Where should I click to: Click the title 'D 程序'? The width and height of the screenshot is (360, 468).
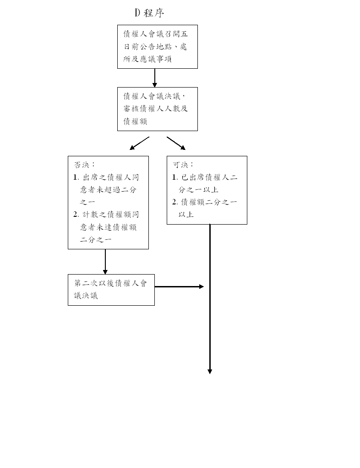[x=149, y=13]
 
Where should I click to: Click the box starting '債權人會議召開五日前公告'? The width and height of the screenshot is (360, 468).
[x=158, y=47]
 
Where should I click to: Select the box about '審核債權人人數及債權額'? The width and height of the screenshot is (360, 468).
[x=158, y=109]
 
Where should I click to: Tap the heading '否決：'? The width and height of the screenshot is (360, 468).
[x=84, y=165]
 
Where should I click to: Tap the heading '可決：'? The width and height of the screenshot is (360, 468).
[x=183, y=165]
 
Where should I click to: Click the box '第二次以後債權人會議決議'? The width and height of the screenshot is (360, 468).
[x=111, y=290]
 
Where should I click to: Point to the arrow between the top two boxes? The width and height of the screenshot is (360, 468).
[x=154, y=78]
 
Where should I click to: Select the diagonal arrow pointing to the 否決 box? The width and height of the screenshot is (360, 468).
[x=139, y=143]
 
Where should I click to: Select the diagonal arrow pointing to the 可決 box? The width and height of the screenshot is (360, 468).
[x=176, y=143]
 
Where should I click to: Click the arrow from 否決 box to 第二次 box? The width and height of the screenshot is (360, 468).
[x=105, y=262]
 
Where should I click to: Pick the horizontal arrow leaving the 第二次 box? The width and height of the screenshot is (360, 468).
[x=179, y=287]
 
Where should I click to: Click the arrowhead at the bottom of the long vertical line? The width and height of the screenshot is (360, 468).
[x=210, y=372]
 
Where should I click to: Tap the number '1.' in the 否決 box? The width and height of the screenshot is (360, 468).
[x=76, y=177]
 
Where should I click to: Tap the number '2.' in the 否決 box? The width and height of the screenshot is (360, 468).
[x=76, y=215]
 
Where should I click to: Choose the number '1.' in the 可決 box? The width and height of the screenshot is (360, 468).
[x=175, y=177]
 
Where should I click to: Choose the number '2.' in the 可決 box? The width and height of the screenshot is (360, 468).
[x=175, y=202]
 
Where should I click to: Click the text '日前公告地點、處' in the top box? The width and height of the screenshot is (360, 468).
[x=155, y=47]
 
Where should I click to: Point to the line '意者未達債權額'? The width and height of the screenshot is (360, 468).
[x=108, y=227]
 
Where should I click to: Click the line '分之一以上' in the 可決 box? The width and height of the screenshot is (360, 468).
[x=198, y=189]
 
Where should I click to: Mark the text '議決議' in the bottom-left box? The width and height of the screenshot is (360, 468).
[x=86, y=296]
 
